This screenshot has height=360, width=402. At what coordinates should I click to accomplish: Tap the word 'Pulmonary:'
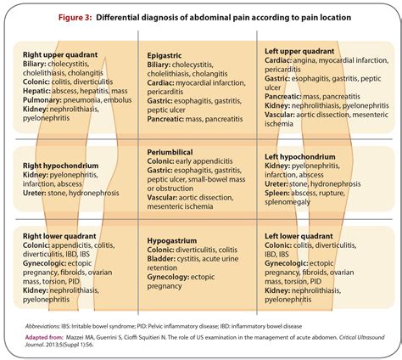click(x=52, y=99)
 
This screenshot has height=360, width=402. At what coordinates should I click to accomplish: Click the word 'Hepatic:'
click(x=44, y=90)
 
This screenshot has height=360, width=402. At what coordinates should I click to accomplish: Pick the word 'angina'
click(x=319, y=63)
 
